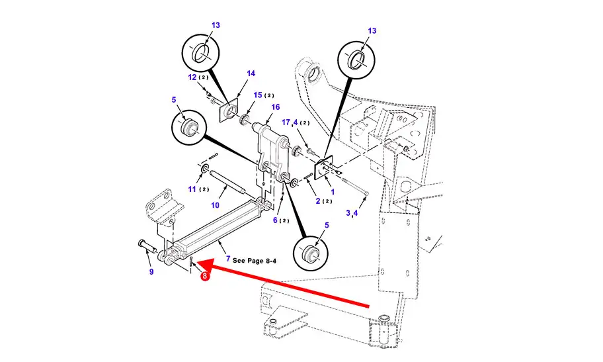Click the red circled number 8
point(206,277)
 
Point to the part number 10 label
point(215,206)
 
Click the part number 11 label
point(192,189)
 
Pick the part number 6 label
point(276,220)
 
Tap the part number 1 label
point(333,192)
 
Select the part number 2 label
point(317,201)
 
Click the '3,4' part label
point(352,213)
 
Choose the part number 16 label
point(275,107)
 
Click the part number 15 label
point(259,96)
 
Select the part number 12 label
point(192,77)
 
